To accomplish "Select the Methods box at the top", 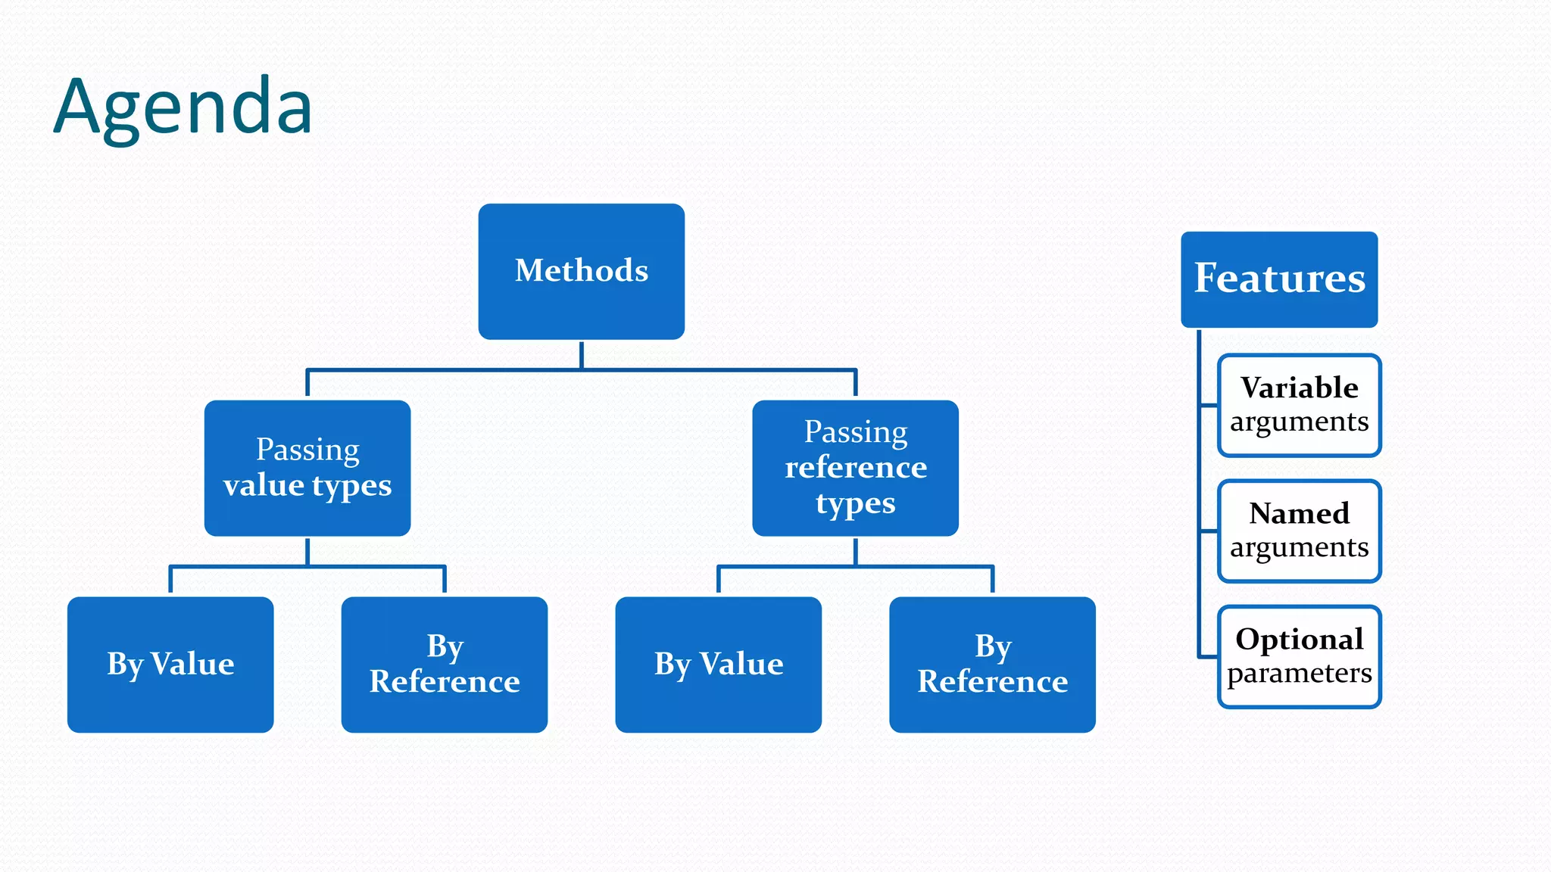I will [x=581, y=271].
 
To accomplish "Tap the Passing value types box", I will [x=307, y=468].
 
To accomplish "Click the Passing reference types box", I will [x=855, y=468].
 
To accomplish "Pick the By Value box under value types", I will [x=170, y=664].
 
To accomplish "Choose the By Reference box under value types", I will [x=444, y=664].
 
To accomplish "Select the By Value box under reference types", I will [x=718, y=664].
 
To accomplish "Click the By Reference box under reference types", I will [x=992, y=664].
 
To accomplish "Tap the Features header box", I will [x=1279, y=279].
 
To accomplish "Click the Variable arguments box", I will [x=1299, y=405].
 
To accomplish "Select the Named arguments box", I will [x=1299, y=531].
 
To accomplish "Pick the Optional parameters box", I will [x=1299, y=656].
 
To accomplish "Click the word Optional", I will [x=1299, y=640].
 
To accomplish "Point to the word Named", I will [x=1299, y=514].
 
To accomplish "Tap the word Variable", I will [x=1299, y=388].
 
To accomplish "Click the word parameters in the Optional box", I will [x=1299, y=673].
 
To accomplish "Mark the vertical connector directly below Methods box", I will [x=581, y=354].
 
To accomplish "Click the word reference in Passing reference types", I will [x=855, y=468].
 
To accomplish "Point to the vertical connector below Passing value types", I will [x=307, y=550].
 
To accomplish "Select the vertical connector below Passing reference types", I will [x=855, y=550].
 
